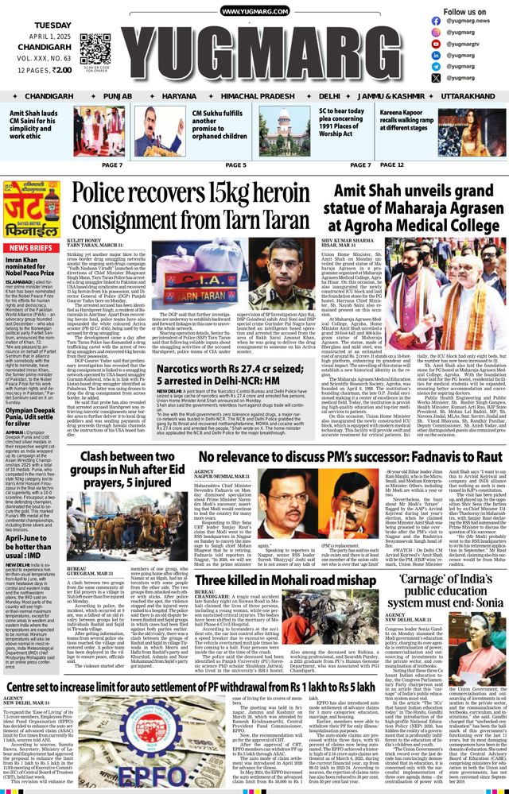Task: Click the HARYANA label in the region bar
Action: (181, 95)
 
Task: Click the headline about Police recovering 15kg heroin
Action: (197, 202)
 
